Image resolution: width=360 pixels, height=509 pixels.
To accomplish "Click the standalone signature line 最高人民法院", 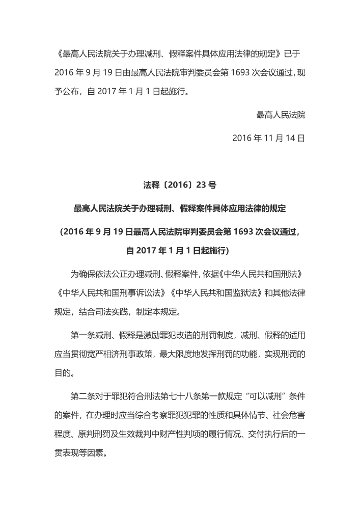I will point(281,115).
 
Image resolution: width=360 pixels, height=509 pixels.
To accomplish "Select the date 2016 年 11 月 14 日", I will point(268,138).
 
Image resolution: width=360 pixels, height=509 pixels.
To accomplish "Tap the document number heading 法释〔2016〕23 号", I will point(180,185).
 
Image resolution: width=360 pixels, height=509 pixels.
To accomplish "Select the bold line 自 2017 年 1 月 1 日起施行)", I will point(180,251).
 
